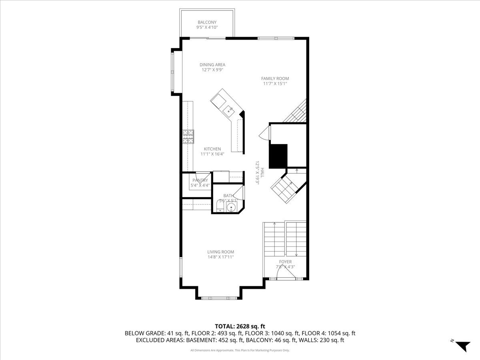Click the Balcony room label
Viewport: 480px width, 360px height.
coord(207,22)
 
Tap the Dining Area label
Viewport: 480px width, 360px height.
coord(212,64)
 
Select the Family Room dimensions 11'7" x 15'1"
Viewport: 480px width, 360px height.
coord(275,84)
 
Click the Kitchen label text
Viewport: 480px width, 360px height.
coord(212,149)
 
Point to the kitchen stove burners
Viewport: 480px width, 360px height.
coord(188,137)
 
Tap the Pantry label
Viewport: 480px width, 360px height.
coord(200,180)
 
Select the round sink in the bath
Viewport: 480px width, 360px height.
coord(231,207)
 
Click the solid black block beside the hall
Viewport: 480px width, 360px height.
coord(278,156)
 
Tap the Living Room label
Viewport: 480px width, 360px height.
coord(220,252)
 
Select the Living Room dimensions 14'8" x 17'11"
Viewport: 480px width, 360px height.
coord(220,257)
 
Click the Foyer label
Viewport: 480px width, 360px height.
coord(285,262)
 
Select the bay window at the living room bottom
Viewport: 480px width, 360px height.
coord(218,298)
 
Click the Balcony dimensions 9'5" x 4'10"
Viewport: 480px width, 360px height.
coord(207,28)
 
